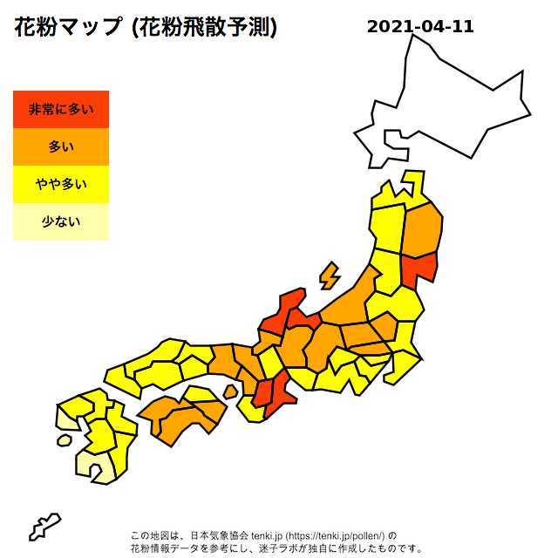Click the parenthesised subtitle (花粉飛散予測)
point(204,27)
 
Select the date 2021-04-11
point(420,26)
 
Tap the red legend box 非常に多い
point(61,109)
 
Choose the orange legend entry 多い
point(61,146)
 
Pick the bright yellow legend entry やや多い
point(61,184)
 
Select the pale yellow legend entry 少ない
point(61,221)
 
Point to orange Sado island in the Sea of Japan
point(330,276)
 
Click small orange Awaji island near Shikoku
point(230,391)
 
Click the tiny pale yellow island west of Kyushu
point(64,440)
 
